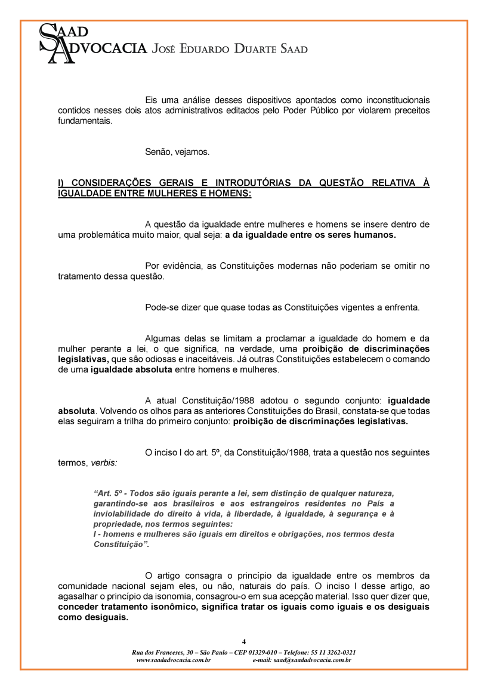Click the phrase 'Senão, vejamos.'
177,152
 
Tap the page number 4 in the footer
244,641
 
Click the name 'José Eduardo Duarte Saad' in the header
230,49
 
